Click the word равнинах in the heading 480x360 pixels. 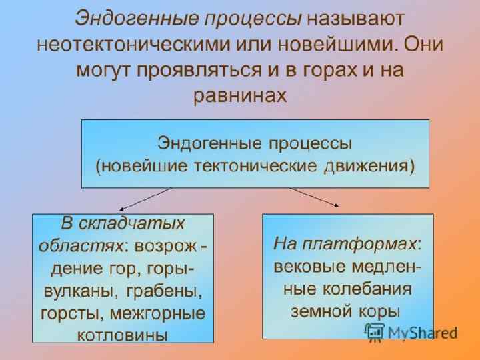(x=239, y=96)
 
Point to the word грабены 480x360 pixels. (x=171, y=291)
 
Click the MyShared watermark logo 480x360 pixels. (x=411, y=332)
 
